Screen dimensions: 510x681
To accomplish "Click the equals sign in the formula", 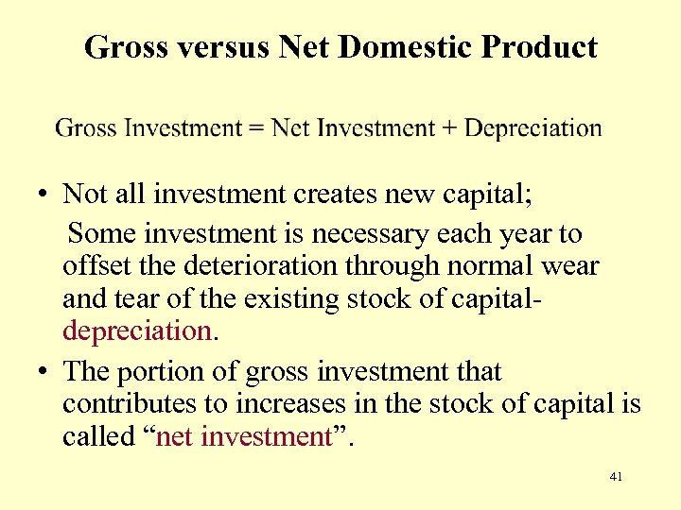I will click(256, 127).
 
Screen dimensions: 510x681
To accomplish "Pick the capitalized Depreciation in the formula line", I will click(533, 127).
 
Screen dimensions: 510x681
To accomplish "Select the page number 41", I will click(616, 477).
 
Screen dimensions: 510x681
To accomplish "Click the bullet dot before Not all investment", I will click(44, 195).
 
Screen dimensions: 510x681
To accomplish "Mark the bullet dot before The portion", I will click(44, 372).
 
